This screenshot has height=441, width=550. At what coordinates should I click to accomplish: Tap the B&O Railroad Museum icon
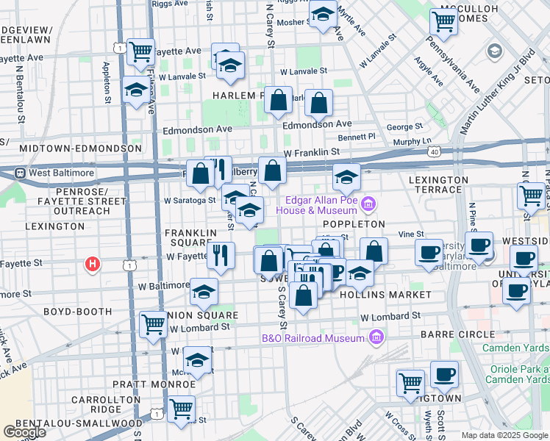coord(376,338)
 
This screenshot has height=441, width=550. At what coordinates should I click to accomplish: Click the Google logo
coord(24,431)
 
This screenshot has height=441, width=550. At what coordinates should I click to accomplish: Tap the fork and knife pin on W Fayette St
coord(221,255)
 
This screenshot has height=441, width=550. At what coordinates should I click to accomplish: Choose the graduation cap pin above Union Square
coord(204,291)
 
